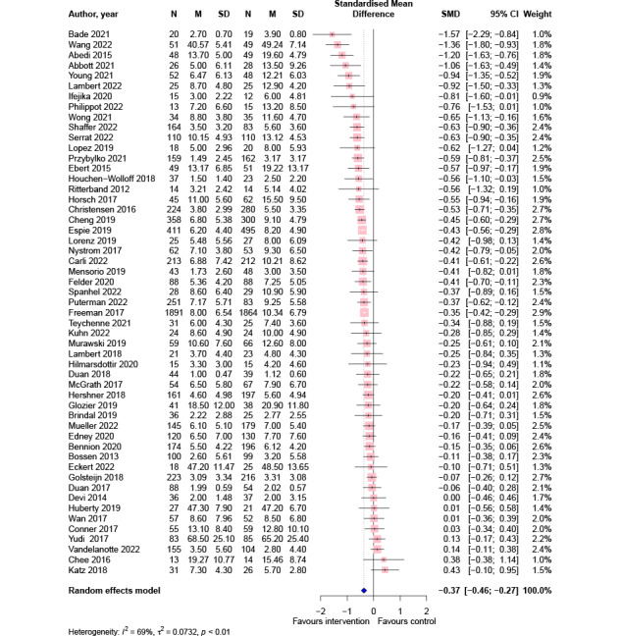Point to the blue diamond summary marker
click(x=364, y=589)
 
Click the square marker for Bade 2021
click(x=335, y=33)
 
